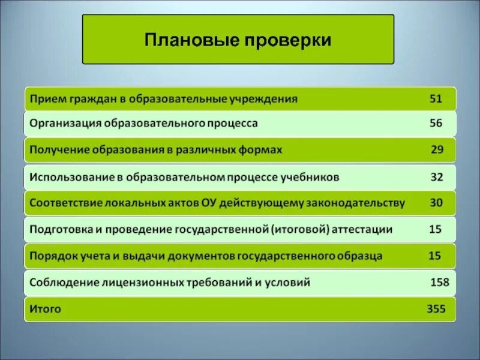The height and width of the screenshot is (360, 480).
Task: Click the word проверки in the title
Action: (x=287, y=40)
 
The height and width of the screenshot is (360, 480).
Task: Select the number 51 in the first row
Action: (x=436, y=98)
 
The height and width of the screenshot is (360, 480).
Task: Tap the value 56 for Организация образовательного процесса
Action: (x=436, y=124)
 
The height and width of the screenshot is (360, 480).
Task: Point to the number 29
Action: (x=437, y=149)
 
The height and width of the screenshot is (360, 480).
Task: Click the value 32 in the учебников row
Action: (x=436, y=178)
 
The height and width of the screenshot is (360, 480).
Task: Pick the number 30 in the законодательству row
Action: (x=436, y=203)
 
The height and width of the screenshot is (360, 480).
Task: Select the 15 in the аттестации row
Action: (x=435, y=229)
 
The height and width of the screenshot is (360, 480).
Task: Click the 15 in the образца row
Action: (x=435, y=256)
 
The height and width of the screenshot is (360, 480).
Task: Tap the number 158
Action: (x=440, y=282)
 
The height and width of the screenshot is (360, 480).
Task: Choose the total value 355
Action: (x=436, y=309)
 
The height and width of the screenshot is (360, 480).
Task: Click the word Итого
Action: (x=45, y=310)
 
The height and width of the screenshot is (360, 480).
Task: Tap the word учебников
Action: (x=313, y=178)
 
